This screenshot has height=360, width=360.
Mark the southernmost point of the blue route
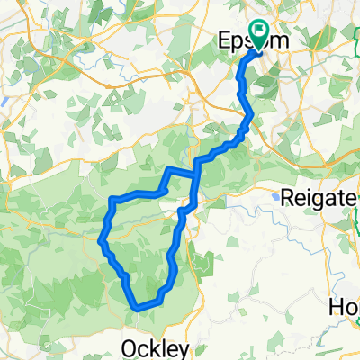(x=138, y=308)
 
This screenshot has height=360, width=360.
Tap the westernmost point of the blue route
(x=100, y=239)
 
